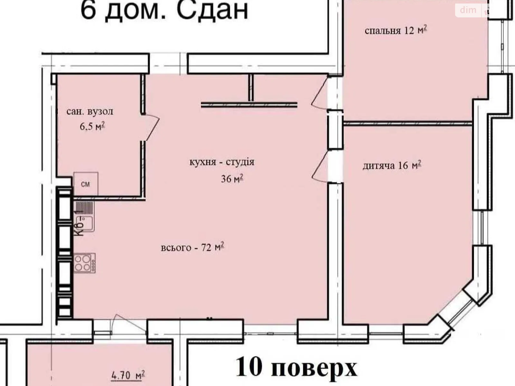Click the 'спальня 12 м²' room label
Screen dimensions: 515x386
[x=396, y=31]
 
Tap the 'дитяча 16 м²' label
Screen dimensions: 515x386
[x=392, y=165]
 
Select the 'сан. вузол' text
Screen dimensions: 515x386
[x=90, y=111]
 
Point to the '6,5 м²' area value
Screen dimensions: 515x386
[x=92, y=127]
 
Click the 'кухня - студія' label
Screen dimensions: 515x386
[x=222, y=162]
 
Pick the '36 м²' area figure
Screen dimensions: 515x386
[x=232, y=179]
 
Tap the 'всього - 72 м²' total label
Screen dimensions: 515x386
[x=192, y=247]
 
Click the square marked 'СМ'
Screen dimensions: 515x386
[x=86, y=184]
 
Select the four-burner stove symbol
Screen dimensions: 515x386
[x=85, y=263]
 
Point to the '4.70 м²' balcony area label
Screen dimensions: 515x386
[x=128, y=375]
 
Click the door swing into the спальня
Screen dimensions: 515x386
[x=320, y=93]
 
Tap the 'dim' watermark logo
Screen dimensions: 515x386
[x=468, y=10]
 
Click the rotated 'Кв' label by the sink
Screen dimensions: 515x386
[x=80, y=228]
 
